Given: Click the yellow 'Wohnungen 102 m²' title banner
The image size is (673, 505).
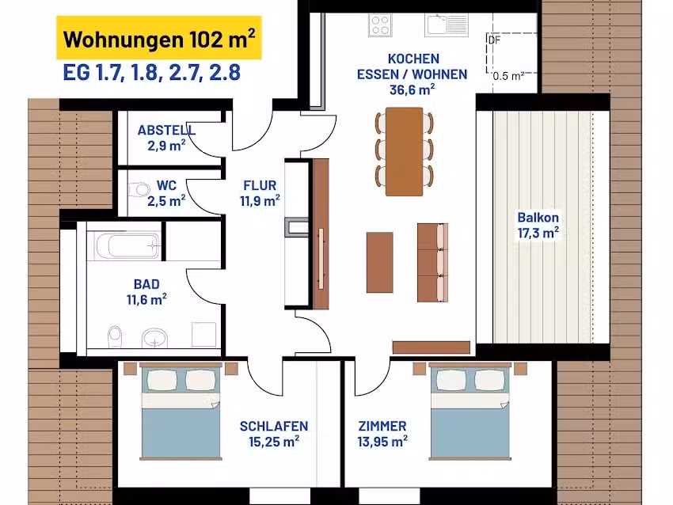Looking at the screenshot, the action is (x=159, y=38).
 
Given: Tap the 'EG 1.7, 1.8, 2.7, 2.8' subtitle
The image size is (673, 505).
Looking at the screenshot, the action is (x=151, y=73).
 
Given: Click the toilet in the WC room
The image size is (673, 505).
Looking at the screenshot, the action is (x=139, y=190).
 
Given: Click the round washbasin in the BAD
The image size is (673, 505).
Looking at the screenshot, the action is (x=154, y=338).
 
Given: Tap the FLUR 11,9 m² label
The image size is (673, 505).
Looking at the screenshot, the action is (x=260, y=192).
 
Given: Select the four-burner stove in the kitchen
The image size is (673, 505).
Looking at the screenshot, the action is (x=380, y=25).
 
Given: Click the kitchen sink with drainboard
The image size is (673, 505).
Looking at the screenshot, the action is (x=447, y=25).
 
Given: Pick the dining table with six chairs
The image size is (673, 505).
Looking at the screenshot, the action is (x=404, y=151).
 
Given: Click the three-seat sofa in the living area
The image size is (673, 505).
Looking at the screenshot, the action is (x=432, y=262).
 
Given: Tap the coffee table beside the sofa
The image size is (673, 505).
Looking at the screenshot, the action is (x=380, y=262).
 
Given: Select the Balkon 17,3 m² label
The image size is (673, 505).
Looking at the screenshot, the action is (x=538, y=225).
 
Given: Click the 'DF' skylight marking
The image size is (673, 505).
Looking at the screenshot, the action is (x=494, y=40).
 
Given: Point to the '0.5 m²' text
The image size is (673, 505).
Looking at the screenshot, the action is (x=508, y=76).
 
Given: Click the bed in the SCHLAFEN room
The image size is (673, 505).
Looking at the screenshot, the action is (x=181, y=411).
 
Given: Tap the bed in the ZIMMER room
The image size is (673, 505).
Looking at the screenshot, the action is (x=470, y=411).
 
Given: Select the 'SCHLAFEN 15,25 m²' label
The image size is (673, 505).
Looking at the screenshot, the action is (x=274, y=433).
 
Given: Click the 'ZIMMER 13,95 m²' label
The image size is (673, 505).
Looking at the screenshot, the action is (x=382, y=433).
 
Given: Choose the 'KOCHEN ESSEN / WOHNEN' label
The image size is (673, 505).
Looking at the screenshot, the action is (x=412, y=66).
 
